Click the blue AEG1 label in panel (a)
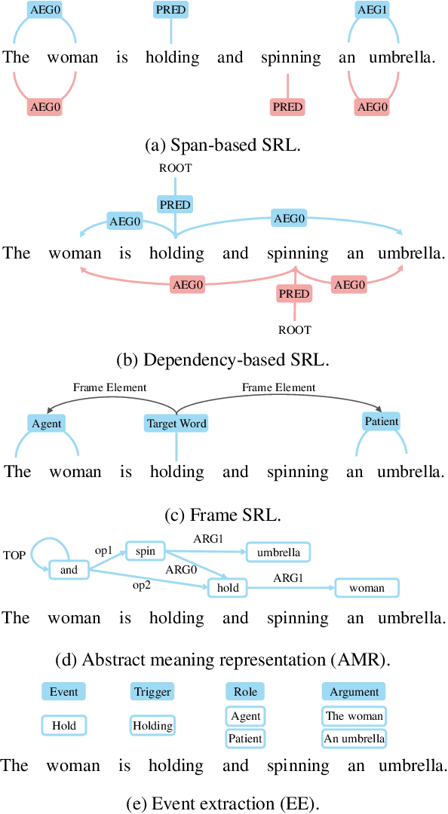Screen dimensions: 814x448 point(371,10)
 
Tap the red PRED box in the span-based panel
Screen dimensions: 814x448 point(287,107)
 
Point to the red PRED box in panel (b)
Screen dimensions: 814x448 point(294,294)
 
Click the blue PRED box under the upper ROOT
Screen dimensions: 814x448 point(175,204)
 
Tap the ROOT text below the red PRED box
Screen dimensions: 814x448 point(294,329)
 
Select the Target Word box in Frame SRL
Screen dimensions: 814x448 point(176,424)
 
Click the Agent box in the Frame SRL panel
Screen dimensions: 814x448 point(47,424)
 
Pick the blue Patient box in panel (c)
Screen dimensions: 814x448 point(381,421)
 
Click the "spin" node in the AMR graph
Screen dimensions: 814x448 point(145,552)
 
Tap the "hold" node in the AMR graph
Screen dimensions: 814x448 point(227,588)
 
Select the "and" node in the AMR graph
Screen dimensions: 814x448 point(69,570)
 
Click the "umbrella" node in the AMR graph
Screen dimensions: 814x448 point(278,552)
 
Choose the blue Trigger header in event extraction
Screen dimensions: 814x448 point(152,692)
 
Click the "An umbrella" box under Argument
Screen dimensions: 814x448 point(354,739)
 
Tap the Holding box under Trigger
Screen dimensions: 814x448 point(152,726)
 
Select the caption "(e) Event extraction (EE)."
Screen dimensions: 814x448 point(223,803)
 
